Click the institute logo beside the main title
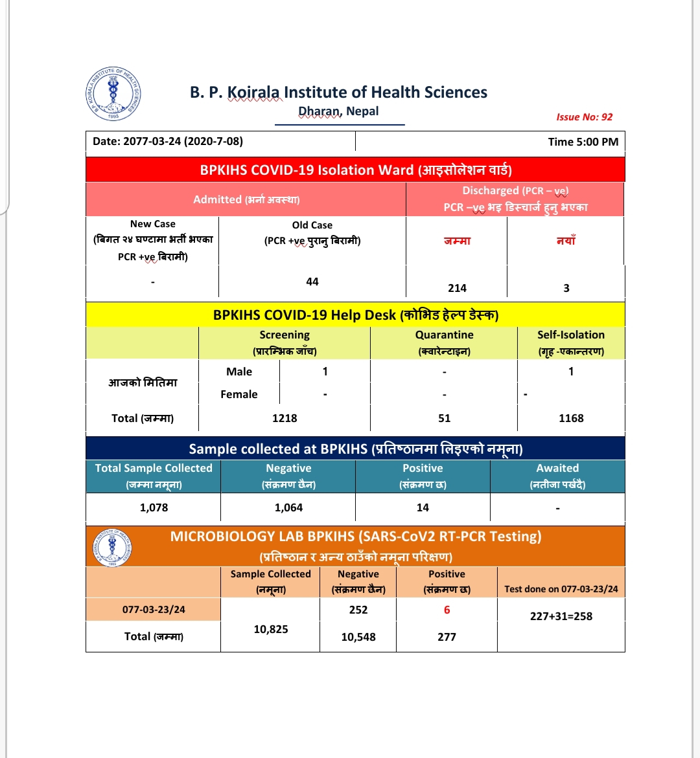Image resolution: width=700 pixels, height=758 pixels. point(113,93)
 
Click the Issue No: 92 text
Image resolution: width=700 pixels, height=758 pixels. point(584,117)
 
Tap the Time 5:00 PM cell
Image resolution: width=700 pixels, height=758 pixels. point(583,142)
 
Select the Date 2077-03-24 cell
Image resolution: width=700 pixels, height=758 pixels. point(168,141)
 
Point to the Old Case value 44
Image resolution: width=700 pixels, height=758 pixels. point(312,282)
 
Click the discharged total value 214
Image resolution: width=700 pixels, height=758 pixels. point(457,288)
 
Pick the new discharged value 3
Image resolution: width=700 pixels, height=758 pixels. point(566,288)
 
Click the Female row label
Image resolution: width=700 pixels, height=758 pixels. point(239,394)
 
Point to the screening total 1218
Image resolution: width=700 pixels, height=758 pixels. point(285,418)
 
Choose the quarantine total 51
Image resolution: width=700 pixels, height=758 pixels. point(444,418)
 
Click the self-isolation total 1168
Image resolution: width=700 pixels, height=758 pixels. point(571,418)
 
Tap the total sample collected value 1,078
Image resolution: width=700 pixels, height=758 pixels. point(154,507)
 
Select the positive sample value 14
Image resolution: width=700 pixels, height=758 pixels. point(423,507)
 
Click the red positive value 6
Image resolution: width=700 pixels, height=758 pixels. point(447,610)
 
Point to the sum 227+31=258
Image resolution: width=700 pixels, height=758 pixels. point(561,616)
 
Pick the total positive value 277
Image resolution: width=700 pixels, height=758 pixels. point(447,637)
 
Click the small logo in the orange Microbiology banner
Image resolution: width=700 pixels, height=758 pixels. point(112,547)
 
